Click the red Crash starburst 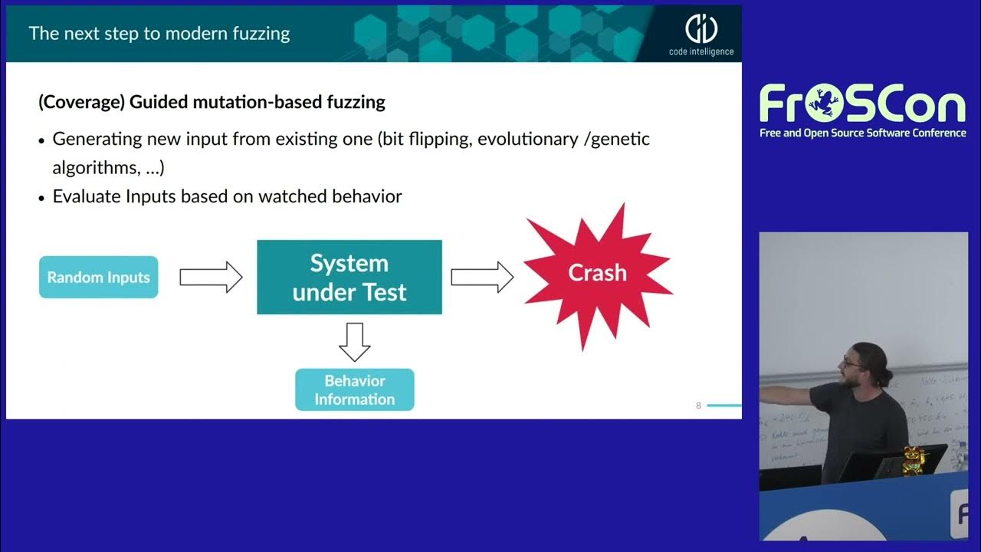click(x=597, y=274)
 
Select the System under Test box click(x=349, y=278)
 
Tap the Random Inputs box click(x=98, y=278)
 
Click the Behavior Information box click(x=354, y=389)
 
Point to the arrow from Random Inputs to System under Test click(x=211, y=278)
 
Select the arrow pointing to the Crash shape click(x=482, y=277)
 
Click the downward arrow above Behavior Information click(x=354, y=342)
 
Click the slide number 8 click(x=698, y=406)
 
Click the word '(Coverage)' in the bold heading click(x=81, y=102)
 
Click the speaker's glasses click(x=851, y=360)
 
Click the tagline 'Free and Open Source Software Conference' click(x=862, y=133)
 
